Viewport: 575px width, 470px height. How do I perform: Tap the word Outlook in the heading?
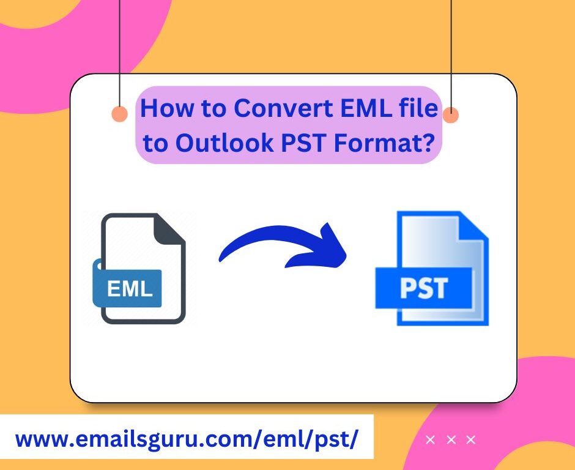coord(224,143)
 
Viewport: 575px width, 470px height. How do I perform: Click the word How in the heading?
coord(167,108)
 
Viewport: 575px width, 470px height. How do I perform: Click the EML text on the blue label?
coord(130,288)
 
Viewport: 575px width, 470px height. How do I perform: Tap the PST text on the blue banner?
coord(423,288)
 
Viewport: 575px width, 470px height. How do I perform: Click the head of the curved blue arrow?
coord(330,246)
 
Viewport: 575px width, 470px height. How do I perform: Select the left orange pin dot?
coord(119,113)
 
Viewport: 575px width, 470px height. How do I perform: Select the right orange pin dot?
coord(451,115)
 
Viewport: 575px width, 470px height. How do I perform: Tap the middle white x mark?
coord(451,439)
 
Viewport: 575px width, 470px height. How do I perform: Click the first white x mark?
coord(430,439)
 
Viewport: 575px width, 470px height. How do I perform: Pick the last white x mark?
coord(471,439)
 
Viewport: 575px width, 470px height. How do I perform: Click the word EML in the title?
coord(366,108)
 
